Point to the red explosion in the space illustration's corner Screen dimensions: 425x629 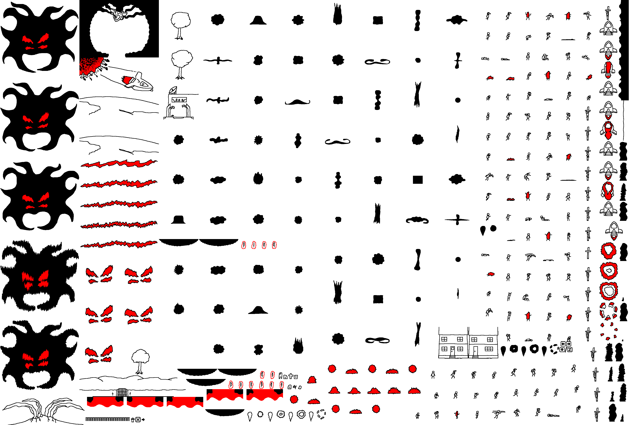tap(89, 66)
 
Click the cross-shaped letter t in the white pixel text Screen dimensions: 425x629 tap(291, 376)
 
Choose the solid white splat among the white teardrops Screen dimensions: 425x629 tap(260, 414)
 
